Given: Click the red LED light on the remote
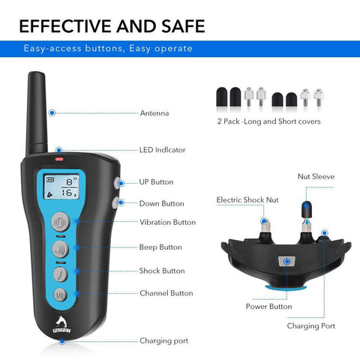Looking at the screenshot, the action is [59, 159].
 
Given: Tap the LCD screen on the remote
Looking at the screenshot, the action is [61, 187].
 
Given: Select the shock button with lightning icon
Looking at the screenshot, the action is [60, 274].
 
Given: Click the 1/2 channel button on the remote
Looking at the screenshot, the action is [60, 295].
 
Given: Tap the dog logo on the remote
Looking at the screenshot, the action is [61, 325].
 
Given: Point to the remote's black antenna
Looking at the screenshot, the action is [37, 113].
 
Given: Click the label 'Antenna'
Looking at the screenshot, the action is [154, 113].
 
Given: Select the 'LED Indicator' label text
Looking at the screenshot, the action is [163, 150].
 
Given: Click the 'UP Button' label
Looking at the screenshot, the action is [156, 182].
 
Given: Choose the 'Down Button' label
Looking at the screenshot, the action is [161, 203].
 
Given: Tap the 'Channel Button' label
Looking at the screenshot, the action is [166, 293].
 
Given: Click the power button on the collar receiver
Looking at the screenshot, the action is [287, 262].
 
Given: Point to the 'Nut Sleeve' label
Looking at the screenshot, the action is [316, 176].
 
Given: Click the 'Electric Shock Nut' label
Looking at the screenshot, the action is [247, 200].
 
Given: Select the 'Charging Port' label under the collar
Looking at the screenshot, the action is [311, 326].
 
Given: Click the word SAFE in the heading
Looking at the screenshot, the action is [183, 26].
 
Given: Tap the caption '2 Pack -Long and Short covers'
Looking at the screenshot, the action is [269, 121].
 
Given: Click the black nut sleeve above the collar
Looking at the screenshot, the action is [307, 209].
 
